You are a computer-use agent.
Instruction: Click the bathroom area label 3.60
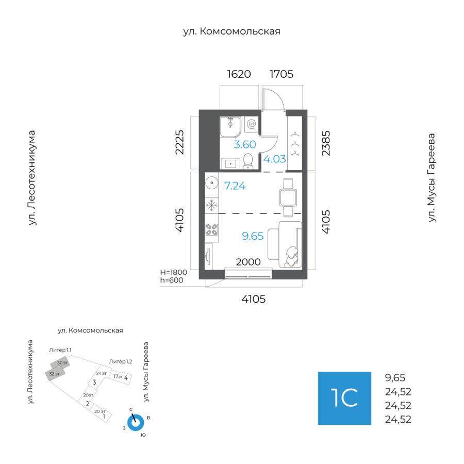(245, 144)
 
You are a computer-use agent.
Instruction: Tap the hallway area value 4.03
(275, 159)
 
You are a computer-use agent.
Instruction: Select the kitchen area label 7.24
(235, 186)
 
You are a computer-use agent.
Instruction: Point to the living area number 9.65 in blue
(253, 236)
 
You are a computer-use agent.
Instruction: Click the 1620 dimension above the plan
(239, 74)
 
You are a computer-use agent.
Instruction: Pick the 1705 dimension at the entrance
(281, 74)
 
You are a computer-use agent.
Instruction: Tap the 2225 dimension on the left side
(179, 142)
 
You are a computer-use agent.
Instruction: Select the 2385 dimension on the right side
(326, 143)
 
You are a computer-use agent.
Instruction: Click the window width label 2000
(248, 262)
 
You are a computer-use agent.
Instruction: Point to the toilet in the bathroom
(247, 161)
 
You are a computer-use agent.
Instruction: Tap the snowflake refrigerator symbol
(211, 205)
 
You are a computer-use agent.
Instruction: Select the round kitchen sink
(212, 183)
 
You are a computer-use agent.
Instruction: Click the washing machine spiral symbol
(252, 124)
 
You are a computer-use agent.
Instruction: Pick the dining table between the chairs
(288, 197)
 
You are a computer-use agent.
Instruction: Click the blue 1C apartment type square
(344, 399)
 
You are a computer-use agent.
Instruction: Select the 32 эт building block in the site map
(55, 374)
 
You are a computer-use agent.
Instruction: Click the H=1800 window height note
(174, 272)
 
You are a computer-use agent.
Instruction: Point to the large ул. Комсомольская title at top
(231, 31)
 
